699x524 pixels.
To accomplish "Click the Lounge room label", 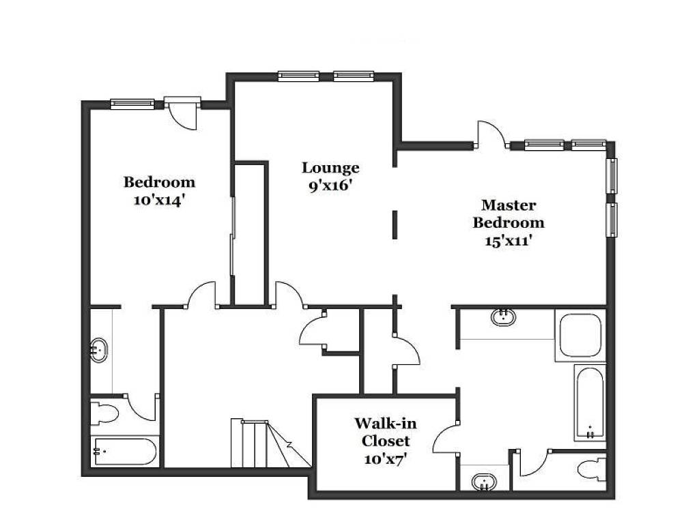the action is (x=330, y=168).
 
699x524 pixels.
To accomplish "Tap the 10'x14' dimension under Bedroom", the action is (x=159, y=201).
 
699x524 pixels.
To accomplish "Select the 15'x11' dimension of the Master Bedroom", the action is (x=509, y=241).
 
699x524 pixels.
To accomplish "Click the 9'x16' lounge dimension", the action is (x=330, y=186).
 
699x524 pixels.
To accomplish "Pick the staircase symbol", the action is (x=270, y=443).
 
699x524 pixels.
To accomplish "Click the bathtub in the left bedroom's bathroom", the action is (x=125, y=452).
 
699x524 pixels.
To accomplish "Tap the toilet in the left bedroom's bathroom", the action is (x=104, y=413).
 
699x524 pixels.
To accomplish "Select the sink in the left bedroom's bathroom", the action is (x=99, y=351).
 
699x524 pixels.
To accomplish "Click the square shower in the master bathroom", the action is (x=580, y=335).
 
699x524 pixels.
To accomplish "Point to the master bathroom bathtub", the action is (x=590, y=403).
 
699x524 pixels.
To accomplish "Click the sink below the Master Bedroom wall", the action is (x=503, y=317).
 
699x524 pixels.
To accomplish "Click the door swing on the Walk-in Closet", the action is (x=446, y=437).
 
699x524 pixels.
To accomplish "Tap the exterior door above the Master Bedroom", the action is (x=491, y=134).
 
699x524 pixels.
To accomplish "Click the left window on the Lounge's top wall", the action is (x=298, y=76).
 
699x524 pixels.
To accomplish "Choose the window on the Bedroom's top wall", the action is (x=132, y=104).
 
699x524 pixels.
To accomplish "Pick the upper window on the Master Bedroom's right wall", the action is (x=612, y=175).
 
